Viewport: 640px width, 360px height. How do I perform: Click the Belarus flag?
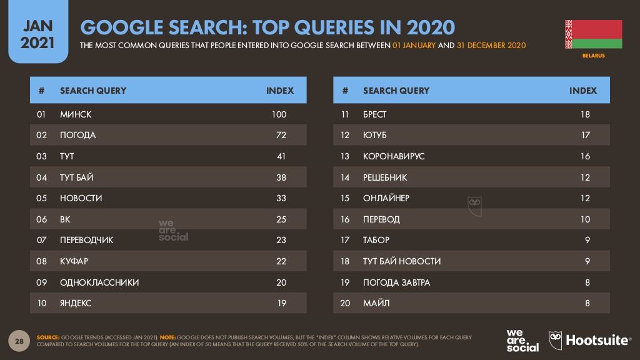point(593,34)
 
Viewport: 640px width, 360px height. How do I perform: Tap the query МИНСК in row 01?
point(76,114)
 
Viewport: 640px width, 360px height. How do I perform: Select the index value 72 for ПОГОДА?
point(281,135)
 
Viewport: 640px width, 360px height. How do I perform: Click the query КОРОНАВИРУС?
point(393,156)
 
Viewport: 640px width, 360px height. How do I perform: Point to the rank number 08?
point(42,261)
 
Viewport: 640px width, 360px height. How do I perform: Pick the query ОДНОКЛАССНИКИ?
point(99,282)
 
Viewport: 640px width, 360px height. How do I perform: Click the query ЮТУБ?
point(374,135)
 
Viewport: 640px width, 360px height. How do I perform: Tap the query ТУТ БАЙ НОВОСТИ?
point(402,261)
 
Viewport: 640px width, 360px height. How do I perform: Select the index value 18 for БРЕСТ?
point(584,114)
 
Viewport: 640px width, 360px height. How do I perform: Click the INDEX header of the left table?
point(279,91)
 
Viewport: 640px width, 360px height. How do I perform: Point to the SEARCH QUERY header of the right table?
point(396,91)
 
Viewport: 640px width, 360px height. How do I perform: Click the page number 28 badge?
point(19,341)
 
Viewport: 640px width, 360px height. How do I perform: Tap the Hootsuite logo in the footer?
point(589,341)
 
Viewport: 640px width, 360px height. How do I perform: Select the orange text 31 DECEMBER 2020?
point(491,46)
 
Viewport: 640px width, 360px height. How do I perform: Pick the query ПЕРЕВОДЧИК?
point(87,240)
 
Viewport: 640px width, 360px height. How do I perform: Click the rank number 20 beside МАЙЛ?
point(345,304)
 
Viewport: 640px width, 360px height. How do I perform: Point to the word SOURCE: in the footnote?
point(48,337)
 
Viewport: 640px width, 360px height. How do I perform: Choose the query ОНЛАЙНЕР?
point(386,198)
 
